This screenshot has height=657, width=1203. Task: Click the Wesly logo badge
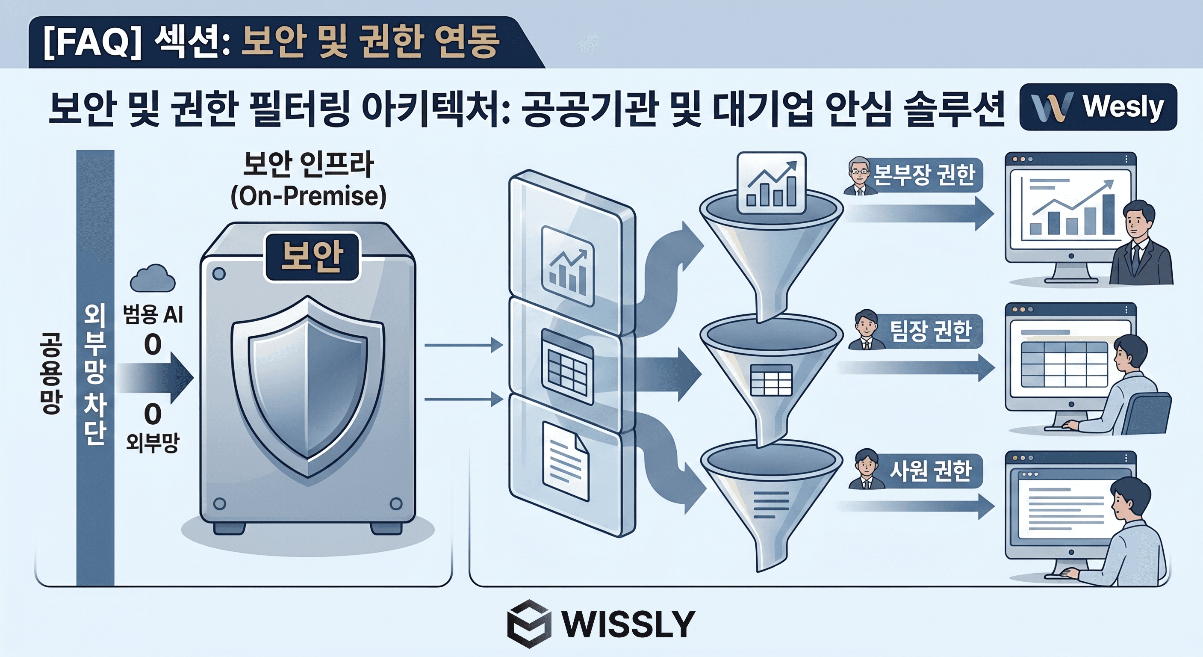(x=1097, y=107)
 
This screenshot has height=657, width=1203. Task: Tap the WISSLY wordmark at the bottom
(x=628, y=623)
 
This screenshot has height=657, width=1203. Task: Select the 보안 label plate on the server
(x=312, y=257)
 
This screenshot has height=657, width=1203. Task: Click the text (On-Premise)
(x=308, y=196)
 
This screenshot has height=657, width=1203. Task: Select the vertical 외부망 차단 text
(x=95, y=374)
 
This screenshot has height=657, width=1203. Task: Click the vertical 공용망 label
(x=51, y=374)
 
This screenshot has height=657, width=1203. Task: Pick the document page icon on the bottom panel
(x=566, y=460)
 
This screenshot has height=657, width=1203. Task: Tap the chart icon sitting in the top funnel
(x=771, y=183)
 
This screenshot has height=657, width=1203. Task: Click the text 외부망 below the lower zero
(x=152, y=443)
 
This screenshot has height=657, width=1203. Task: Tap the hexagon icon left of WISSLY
(x=529, y=623)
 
